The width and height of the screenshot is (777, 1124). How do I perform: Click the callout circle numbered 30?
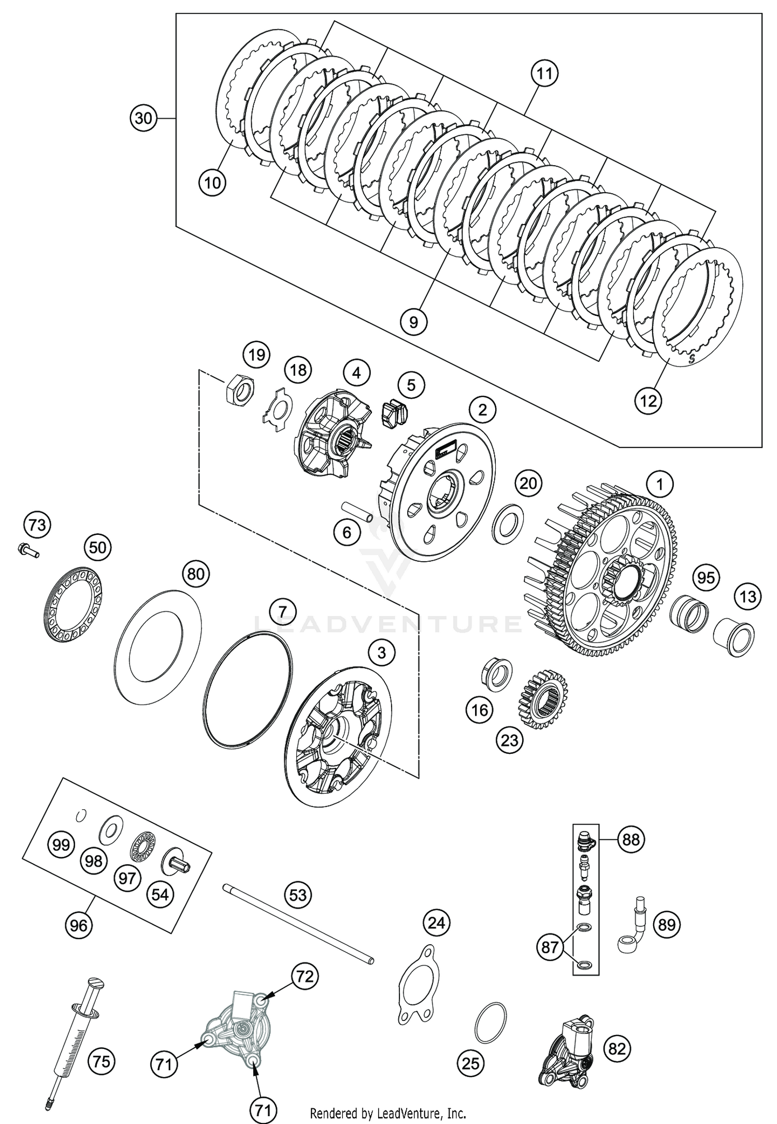143,119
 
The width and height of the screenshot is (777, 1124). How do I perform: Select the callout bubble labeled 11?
544,74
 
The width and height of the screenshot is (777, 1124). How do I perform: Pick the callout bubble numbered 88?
631,839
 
